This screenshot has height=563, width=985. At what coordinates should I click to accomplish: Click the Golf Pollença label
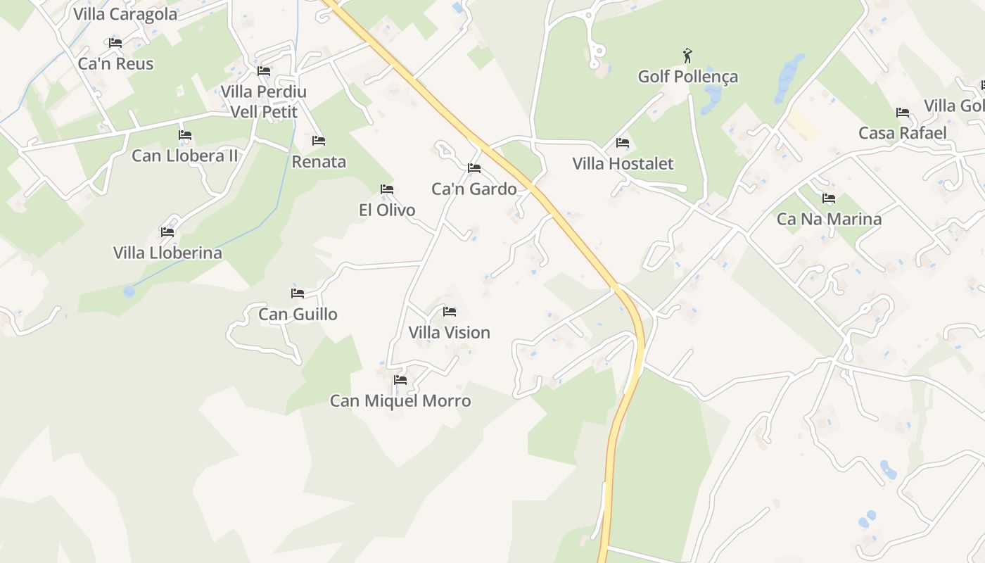pyautogui.click(x=687, y=77)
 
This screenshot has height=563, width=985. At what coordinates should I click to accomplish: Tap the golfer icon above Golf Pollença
pyautogui.click(x=687, y=55)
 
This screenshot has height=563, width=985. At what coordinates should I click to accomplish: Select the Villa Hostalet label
pyautogui.click(x=623, y=164)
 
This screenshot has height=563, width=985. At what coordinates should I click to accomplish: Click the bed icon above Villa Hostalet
pyautogui.click(x=622, y=143)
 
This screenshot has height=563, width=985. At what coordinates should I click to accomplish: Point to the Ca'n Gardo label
pyautogui.click(x=474, y=189)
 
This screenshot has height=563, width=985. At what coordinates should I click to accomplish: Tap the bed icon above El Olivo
pyautogui.click(x=386, y=189)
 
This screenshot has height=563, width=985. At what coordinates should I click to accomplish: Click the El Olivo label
pyautogui.click(x=387, y=210)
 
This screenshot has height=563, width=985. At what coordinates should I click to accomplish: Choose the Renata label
pyautogui.click(x=319, y=162)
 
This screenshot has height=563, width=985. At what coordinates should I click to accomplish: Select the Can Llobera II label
pyautogui.click(x=184, y=156)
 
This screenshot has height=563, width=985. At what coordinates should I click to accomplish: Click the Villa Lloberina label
pyautogui.click(x=167, y=253)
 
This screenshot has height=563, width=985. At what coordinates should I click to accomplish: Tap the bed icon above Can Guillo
pyautogui.click(x=298, y=293)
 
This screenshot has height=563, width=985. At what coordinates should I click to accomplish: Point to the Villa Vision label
pyautogui.click(x=449, y=333)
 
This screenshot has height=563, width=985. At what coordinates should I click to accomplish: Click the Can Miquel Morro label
pyautogui.click(x=400, y=401)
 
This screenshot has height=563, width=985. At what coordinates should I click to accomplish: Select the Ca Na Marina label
pyautogui.click(x=829, y=220)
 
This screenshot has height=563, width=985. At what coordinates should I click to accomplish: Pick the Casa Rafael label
pyautogui.click(x=902, y=133)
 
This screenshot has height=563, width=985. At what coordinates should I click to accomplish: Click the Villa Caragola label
pyautogui.click(x=125, y=14)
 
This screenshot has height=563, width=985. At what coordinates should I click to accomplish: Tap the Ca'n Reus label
pyautogui.click(x=115, y=64)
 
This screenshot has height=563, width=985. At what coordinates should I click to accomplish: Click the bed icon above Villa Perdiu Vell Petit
pyautogui.click(x=264, y=71)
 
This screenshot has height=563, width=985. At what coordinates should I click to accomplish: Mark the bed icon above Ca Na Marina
pyautogui.click(x=829, y=198)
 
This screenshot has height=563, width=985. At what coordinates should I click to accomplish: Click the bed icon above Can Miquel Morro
pyautogui.click(x=400, y=380)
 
